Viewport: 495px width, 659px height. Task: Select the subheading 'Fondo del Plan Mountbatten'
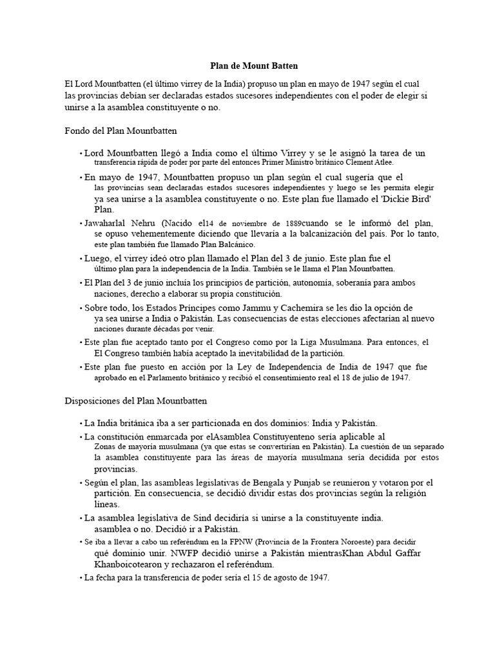pos(121,130)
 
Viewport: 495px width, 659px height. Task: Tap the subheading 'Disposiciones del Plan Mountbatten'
pos(136,400)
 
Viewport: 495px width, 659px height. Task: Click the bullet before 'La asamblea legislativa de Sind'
pos(81,518)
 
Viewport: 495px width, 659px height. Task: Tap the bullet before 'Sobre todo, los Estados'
pos(81,308)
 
